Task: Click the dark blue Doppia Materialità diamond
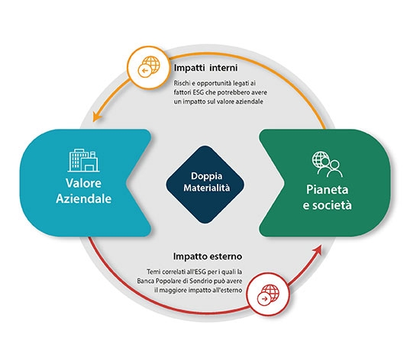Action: click(x=205, y=185)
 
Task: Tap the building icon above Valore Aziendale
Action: click(x=83, y=160)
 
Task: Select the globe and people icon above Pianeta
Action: click(x=327, y=164)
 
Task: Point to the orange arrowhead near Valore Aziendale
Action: click(x=97, y=117)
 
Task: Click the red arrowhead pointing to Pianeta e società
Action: click(x=318, y=250)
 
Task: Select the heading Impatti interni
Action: click(x=205, y=68)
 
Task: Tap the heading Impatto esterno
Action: click(x=208, y=256)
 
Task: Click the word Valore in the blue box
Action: click(x=83, y=183)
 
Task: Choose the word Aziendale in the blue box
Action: click(x=83, y=198)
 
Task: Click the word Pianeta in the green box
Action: click(x=327, y=189)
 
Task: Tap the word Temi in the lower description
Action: click(x=153, y=272)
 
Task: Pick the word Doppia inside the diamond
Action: click(x=207, y=176)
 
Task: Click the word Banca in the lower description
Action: click(x=144, y=281)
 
